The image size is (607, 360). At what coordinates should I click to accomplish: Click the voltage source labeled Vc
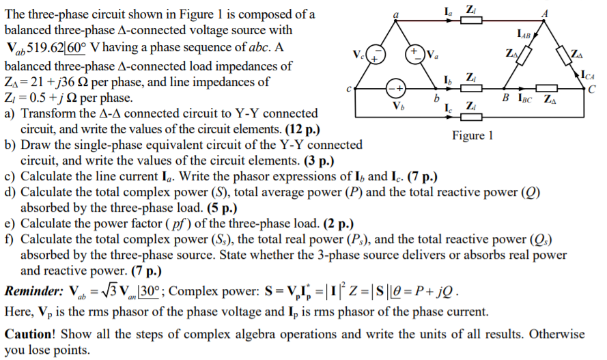[378, 55]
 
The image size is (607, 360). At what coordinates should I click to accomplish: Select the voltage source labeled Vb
[397, 89]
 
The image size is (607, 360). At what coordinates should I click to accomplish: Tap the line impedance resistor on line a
[471, 20]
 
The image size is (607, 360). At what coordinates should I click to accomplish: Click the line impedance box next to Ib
[471, 89]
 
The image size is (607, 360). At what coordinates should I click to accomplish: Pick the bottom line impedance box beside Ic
[471, 116]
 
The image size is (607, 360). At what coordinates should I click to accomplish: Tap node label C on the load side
[592, 89]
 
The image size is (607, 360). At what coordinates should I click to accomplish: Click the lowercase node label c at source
[349, 89]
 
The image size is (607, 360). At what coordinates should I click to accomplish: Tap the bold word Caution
[30, 334]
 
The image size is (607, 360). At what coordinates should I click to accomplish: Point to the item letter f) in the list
[10, 239]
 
